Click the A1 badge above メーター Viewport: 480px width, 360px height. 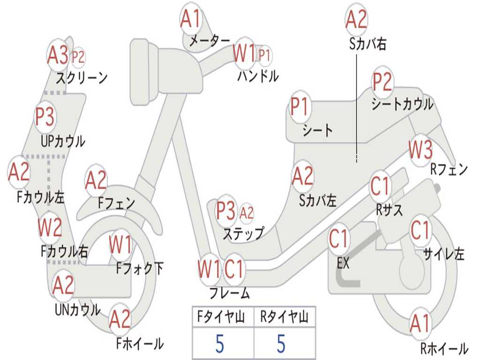coord(191,19)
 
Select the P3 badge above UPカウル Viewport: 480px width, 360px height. coord(45,116)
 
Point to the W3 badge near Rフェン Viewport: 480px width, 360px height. coord(420,150)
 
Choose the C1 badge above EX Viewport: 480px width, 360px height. coord(338,239)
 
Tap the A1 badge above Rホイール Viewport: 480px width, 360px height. coord(420,323)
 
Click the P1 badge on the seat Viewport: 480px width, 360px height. coord(299,106)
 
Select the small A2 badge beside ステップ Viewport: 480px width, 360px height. coord(247,212)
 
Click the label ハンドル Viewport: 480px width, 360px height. coord(258,76)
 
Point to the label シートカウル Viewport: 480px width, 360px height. coord(402,104)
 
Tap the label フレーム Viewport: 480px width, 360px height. coord(230,293)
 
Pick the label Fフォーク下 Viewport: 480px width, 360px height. coord(140,269)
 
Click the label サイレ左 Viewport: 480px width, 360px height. coord(444,254)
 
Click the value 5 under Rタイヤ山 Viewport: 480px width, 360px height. coord(281,344)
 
